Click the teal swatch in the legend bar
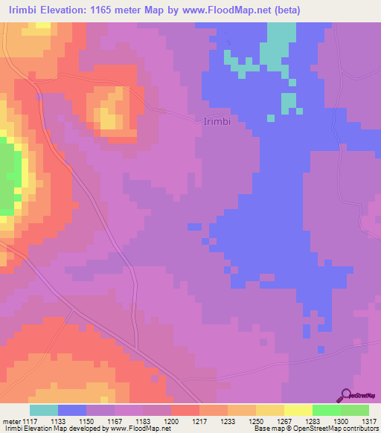pyautogui.click(x=44, y=410)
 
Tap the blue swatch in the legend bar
pyautogui.click(x=72, y=410)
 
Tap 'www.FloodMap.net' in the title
pyautogui.click(x=247, y=10)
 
